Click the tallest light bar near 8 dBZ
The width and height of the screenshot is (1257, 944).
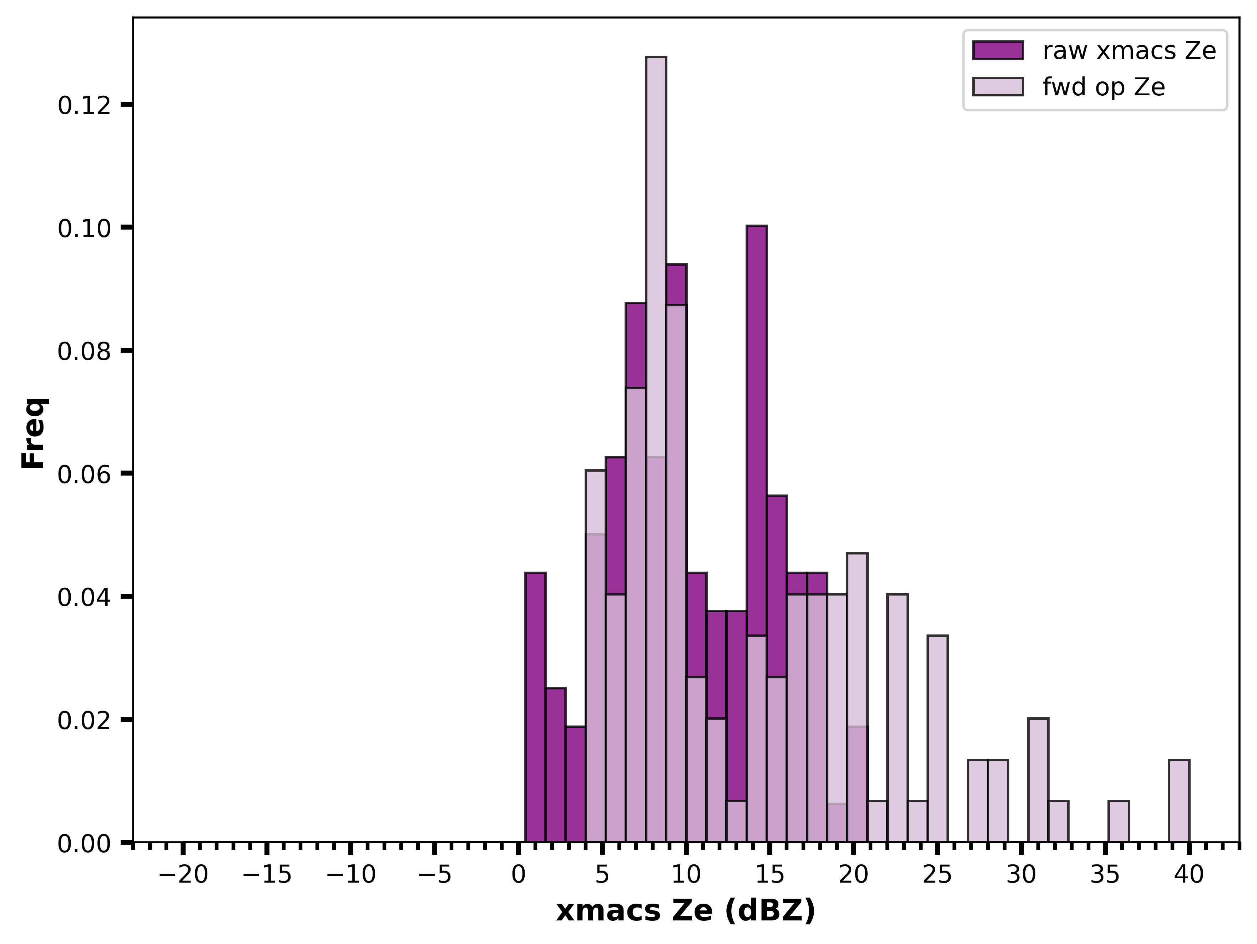(x=656, y=449)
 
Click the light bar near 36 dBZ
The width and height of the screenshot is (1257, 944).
(x=1118, y=821)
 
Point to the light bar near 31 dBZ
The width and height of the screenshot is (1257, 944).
(x=1038, y=780)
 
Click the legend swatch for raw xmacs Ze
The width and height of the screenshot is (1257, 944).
(x=998, y=51)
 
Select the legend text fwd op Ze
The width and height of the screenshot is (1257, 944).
(x=1104, y=87)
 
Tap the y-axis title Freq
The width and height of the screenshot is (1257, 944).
(x=34, y=433)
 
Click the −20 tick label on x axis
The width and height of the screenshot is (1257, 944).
(x=183, y=875)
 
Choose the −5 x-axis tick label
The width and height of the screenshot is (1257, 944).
(x=435, y=875)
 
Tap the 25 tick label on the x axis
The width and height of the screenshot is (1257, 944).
(x=938, y=875)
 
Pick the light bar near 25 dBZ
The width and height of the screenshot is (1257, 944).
(x=938, y=739)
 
